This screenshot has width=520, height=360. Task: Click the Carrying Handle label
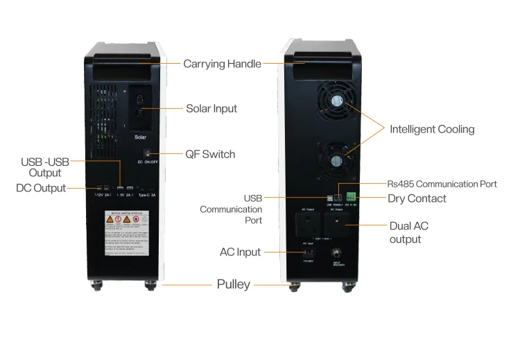click(x=222, y=64)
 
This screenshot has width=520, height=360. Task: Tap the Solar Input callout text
click(x=211, y=109)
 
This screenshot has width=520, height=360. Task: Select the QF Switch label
click(x=209, y=154)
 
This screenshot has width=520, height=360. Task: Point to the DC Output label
click(x=41, y=188)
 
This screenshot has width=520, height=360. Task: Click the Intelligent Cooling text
click(x=432, y=129)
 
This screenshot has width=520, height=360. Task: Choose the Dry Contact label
click(x=416, y=198)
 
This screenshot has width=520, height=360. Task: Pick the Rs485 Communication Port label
click(x=442, y=185)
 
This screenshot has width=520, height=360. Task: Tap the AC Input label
click(x=240, y=252)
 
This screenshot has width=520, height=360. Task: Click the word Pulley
click(x=234, y=284)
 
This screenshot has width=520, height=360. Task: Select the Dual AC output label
click(x=410, y=232)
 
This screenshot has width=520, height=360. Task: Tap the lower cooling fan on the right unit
click(x=336, y=158)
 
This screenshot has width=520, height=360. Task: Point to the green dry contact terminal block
click(x=352, y=196)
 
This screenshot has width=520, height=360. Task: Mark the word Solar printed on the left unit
click(x=140, y=137)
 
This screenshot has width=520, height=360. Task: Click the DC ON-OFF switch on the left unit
click(x=147, y=153)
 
